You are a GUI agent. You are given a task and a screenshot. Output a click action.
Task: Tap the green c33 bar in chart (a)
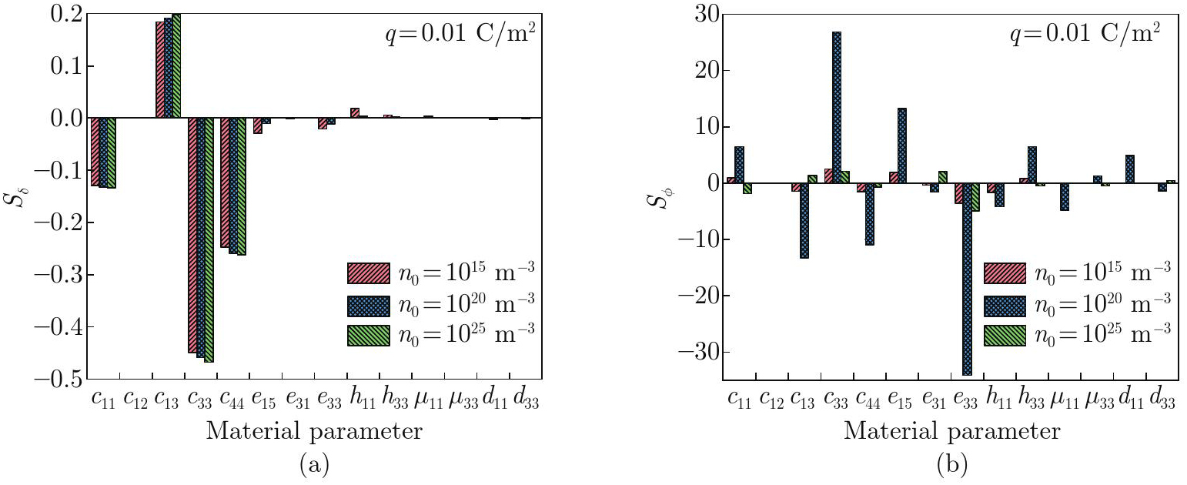click(209, 239)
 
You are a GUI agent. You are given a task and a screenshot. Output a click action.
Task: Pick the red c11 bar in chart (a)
click(95, 152)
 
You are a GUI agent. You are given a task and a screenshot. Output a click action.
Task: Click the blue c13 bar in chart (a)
click(168, 68)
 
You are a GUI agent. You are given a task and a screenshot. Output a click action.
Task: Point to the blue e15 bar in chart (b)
click(901, 145)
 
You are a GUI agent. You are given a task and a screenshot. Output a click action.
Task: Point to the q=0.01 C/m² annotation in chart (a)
click(477, 33)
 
